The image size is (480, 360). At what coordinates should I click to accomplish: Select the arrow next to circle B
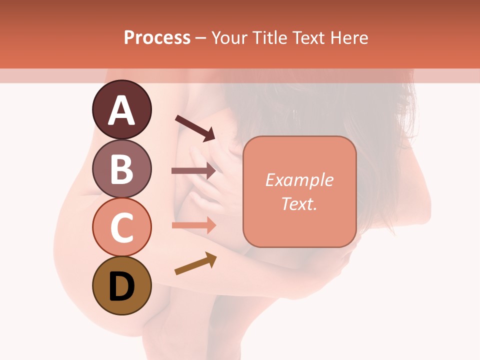(x=194, y=171)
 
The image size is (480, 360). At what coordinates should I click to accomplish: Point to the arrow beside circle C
(x=194, y=225)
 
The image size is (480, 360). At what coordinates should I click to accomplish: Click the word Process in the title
(x=157, y=37)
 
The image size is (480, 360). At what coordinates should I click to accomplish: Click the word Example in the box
(x=299, y=180)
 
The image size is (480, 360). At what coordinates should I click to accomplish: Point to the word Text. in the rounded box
(x=299, y=204)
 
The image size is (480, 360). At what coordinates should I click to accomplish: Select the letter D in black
(x=121, y=286)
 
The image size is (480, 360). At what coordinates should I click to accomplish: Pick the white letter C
(x=121, y=227)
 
